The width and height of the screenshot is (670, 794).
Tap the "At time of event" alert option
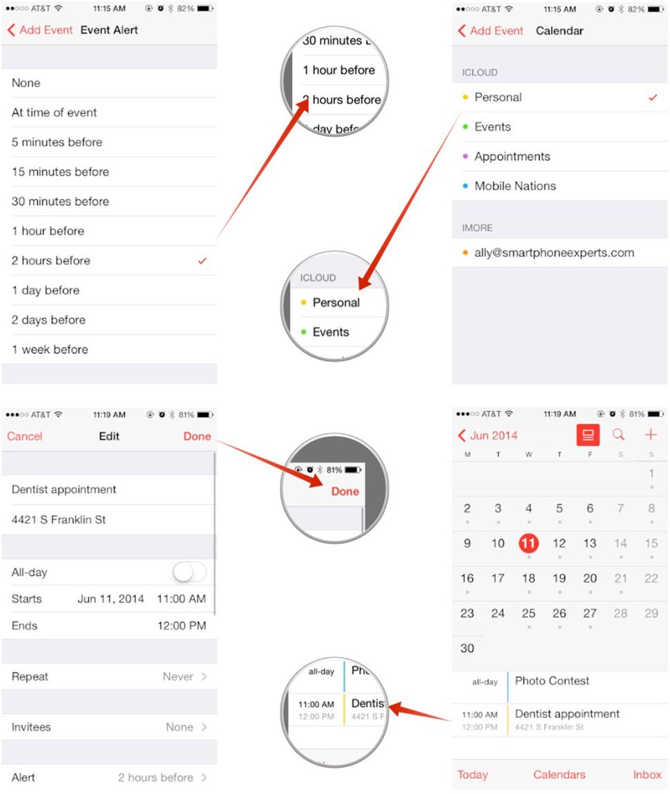[55, 113]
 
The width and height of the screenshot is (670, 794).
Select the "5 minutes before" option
[57, 142]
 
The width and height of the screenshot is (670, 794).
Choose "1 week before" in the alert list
[50, 349]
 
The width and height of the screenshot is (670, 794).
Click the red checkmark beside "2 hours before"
[202, 261]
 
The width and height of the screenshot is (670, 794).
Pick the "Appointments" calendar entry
[512, 157]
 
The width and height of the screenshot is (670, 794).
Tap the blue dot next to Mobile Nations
[466, 186]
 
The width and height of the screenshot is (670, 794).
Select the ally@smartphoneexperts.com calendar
[554, 253]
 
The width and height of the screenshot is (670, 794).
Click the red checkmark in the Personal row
[653, 97]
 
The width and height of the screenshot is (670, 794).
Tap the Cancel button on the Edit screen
[25, 436]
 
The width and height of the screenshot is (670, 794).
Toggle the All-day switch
[189, 572]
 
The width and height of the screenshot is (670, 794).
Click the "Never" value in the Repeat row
[178, 677]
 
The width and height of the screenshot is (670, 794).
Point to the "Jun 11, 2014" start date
[111, 599]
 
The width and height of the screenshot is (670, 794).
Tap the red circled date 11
[528, 543]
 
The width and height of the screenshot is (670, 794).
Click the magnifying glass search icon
[619, 435]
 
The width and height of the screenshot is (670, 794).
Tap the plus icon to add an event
[650, 435]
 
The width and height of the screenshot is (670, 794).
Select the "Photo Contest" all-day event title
[552, 681]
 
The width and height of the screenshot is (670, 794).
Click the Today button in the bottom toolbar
[472, 775]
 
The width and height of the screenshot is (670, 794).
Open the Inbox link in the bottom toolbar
[647, 775]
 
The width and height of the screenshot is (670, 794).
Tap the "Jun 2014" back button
[488, 436]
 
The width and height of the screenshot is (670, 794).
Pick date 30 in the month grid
[468, 648]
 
